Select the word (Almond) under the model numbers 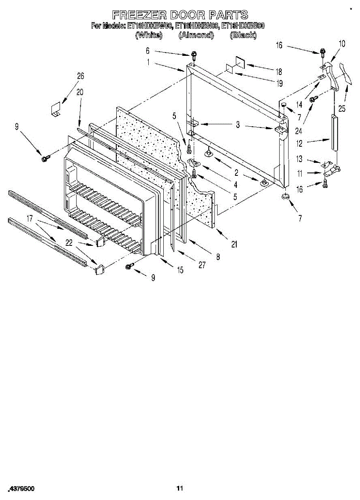point(196,35)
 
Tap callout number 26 point(80,76)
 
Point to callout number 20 point(80,92)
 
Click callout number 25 point(342,109)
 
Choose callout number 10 point(342,43)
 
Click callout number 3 point(237,125)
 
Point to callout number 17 point(30,217)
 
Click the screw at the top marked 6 point(194,55)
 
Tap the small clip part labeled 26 point(55,109)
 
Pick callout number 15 point(180,270)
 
